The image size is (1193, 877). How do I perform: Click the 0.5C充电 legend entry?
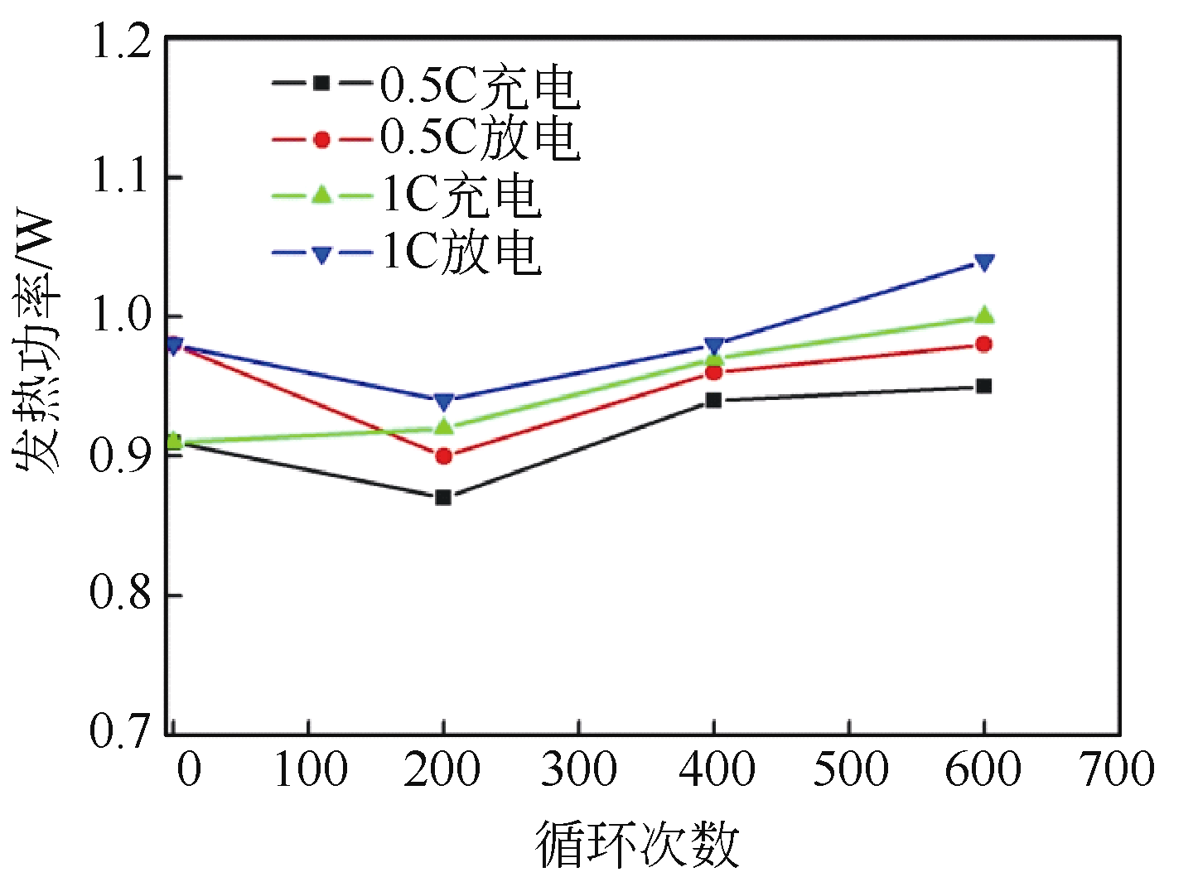[427, 84]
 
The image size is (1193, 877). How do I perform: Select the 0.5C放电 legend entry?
[427, 139]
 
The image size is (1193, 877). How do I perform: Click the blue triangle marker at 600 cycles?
[983, 263]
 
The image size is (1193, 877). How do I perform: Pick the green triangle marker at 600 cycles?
[983, 315]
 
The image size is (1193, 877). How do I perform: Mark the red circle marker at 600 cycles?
[983, 344]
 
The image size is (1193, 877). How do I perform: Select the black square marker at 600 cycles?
[983, 386]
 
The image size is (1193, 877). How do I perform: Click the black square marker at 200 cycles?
[443, 497]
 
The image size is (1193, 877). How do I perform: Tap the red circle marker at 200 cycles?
[443, 455]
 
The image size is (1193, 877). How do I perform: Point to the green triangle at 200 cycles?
[443, 426]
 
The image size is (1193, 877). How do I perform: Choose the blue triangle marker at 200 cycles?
[443, 402]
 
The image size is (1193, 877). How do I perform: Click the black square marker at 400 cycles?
[713, 400]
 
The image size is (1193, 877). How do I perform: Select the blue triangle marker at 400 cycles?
[713, 345]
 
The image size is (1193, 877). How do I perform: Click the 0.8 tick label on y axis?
[121, 594]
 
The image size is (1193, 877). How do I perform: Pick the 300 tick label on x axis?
[578, 769]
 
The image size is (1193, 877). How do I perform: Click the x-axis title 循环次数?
[636, 845]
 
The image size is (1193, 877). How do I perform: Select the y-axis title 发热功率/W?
[37, 343]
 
